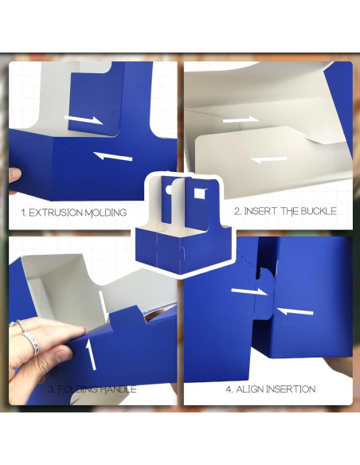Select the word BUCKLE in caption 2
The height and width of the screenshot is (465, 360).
pos(315,211)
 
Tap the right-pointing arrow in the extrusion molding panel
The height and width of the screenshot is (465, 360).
pos(84,119)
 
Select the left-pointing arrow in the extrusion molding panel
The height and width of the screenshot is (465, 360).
pos(112,155)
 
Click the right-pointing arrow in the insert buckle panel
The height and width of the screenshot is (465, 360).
pos(240,120)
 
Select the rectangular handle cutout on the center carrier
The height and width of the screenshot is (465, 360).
pos(198,191)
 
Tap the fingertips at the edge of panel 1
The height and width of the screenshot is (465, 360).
pos(14,174)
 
